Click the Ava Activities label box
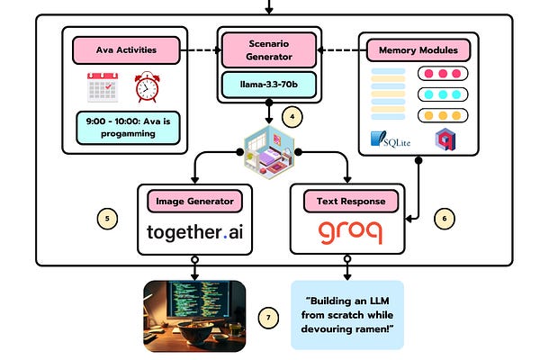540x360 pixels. pos(126,50)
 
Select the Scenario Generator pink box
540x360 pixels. pos(269,50)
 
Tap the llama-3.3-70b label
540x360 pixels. pos(269,85)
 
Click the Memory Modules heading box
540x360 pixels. pos(418,50)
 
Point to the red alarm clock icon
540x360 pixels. pos(147,86)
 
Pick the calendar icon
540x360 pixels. pos(103,87)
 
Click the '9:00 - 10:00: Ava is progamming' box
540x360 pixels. pos(128,128)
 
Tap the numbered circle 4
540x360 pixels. pos(292,117)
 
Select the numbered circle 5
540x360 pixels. pos(107,219)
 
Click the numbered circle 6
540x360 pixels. pos(445,219)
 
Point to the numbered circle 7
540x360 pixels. pos(268,318)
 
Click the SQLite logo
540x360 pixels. pos(391,139)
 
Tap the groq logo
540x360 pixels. pos(350,232)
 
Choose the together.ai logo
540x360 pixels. pos(195,232)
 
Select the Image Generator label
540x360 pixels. pos(195,202)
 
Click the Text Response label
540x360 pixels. pos(351,202)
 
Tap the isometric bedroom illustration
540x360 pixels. pos(269,152)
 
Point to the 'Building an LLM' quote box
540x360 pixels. pos(347,315)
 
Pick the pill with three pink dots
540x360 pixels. pos(443,74)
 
